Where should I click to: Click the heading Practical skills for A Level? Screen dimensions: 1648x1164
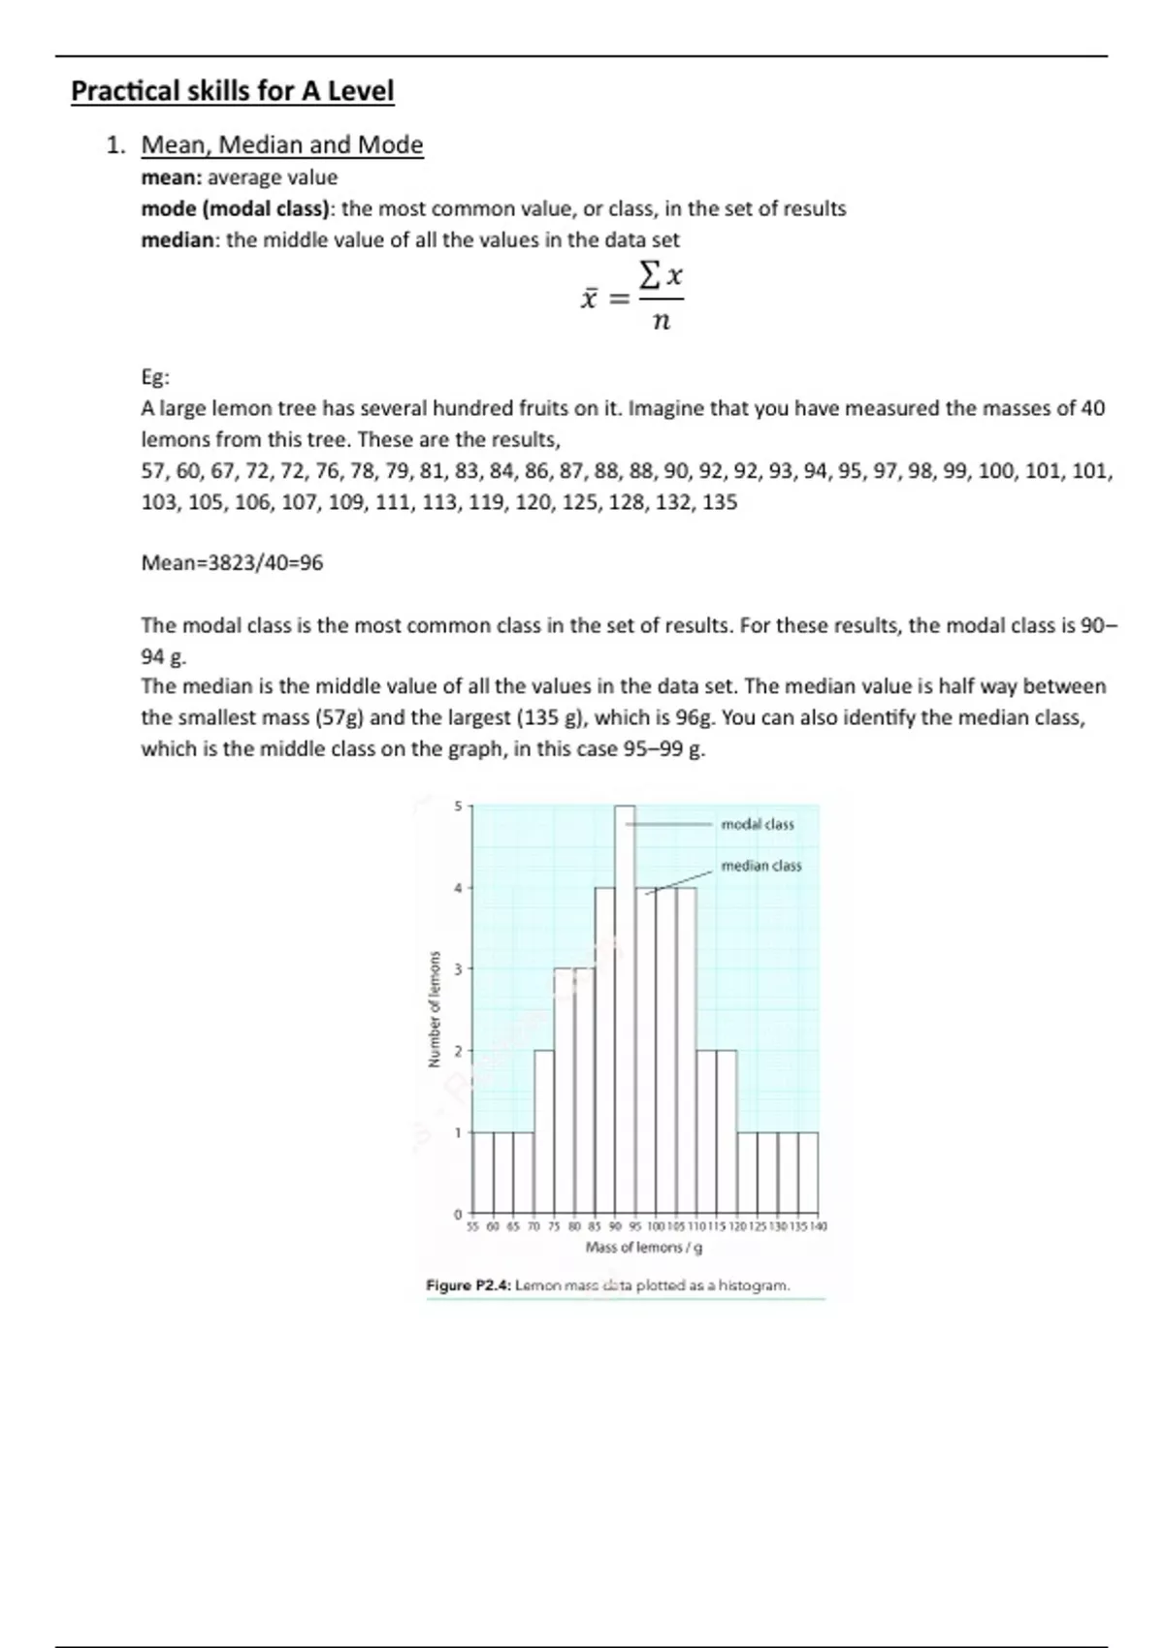click(x=233, y=91)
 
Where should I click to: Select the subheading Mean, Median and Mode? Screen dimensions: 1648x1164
click(x=282, y=145)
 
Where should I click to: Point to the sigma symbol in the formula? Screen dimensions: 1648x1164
click(x=652, y=276)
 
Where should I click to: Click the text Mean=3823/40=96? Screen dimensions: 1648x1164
click(x=232, y=563)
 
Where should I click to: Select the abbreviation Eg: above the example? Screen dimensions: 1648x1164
click(x=155, y=378)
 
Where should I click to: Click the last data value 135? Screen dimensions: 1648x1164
click(x=720, y=503)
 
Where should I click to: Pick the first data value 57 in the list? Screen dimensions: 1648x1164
click(x=153, y=472)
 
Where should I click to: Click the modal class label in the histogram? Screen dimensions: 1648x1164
click(x=758, y=825)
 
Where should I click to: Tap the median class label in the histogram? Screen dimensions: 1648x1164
click(x=761, y=866)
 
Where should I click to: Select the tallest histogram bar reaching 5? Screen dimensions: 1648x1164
click(x=625, y=1008)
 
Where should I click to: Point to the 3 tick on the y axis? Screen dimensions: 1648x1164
click(x=458, y=968)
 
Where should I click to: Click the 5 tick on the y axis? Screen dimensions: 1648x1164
click(x=458, y=806)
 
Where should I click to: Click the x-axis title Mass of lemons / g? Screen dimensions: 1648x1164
click(x=644, y=1248)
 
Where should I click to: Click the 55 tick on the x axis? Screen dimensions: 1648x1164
click(x=473, y=1227)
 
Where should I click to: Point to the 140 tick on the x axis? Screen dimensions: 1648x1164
click(x=818, y=1227)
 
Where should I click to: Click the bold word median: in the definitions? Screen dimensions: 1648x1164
click(x=180, y=240)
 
